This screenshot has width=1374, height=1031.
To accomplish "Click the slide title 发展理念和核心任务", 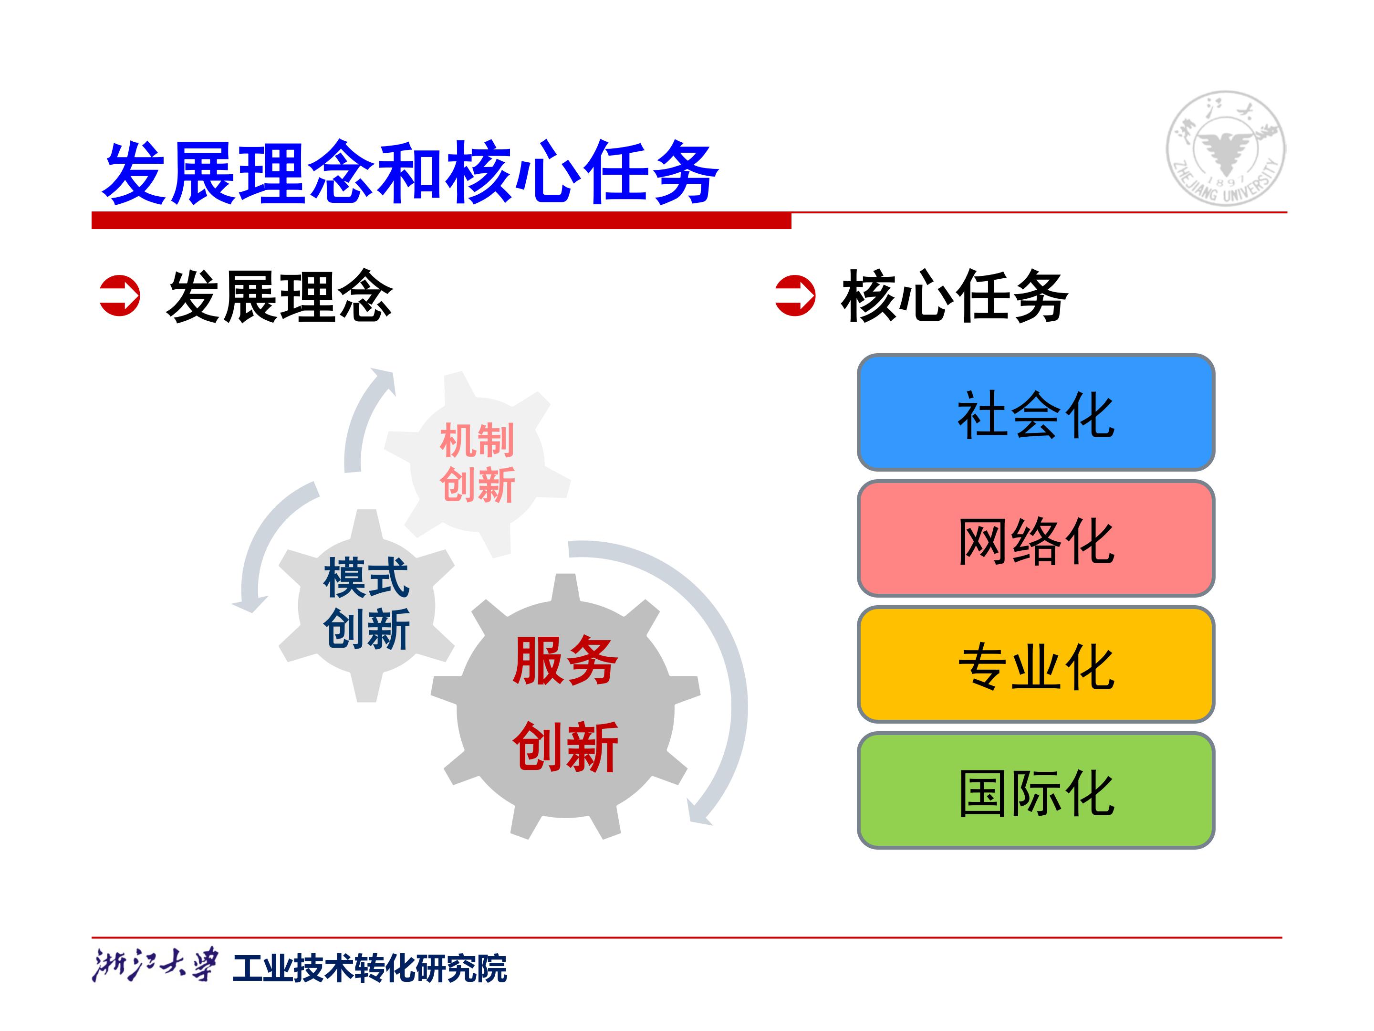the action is click(410, 172).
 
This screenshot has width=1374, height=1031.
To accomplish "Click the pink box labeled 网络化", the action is click(1035, 539).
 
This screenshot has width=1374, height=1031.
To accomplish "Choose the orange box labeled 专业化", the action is click(1035, 665).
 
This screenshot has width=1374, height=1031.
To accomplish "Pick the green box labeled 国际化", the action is click(1035, 791).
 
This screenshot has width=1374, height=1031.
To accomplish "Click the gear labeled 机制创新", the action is click(477, 463).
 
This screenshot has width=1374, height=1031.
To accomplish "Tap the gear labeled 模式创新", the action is click(366, 605).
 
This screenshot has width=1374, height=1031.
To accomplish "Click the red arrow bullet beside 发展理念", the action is click(120, 296).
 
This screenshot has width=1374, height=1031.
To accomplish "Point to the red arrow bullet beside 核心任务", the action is click(795, 296).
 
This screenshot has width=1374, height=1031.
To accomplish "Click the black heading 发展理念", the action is click(280, 296).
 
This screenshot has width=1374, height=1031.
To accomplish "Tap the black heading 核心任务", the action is click(955, 296).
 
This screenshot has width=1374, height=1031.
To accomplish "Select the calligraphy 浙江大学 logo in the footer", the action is click(155, 965).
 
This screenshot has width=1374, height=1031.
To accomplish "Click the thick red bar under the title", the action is click(441, 221).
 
